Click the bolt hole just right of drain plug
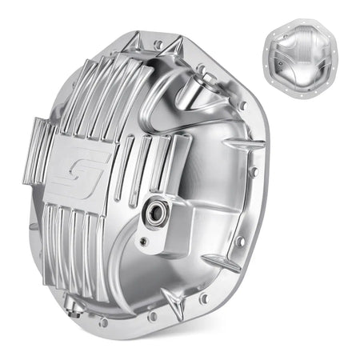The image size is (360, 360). [102, 322]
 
